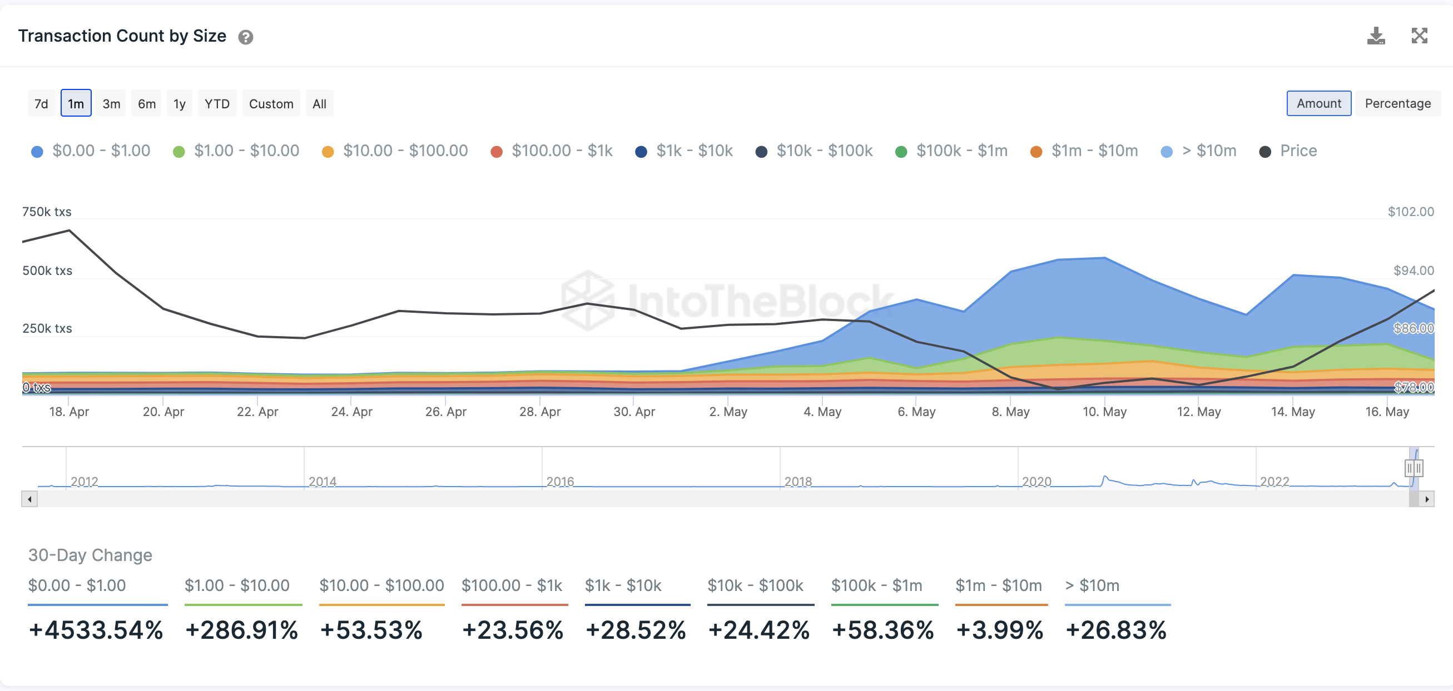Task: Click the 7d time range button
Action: (41, 104)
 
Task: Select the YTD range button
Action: (217, 104)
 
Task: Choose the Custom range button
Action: (271, 104)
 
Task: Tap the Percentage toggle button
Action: (1397, 103)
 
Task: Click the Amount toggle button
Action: (1318, 103)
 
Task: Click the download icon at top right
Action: (1376, 36)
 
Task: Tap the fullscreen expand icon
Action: (1419, 36)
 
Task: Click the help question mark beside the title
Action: (245, 37)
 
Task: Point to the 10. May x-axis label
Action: (1104, 412)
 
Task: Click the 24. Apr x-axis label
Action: (351, 412)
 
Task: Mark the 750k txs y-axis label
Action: (47, 212)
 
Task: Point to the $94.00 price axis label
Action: (1413, 271)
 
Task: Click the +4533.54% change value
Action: (96, 629)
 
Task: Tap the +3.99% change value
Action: (999, 629)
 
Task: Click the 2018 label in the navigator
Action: (797, 482)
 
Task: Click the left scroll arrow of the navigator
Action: (29, 499)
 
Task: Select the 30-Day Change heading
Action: (90, 555)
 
